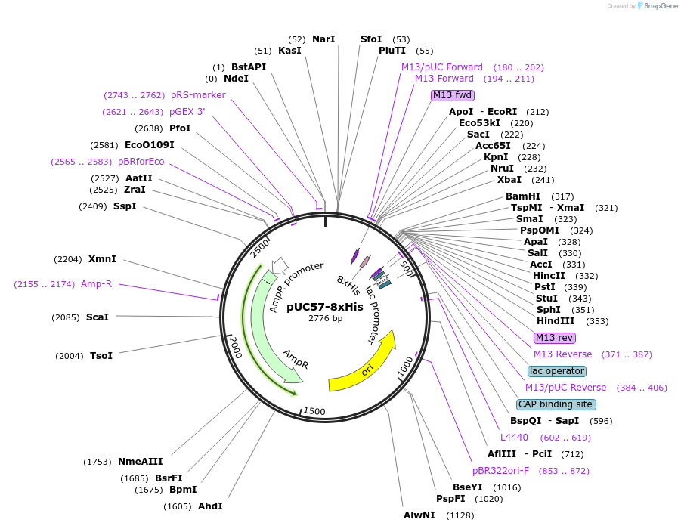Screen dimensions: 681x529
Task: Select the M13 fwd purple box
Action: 452,95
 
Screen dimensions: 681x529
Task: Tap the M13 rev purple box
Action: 554,337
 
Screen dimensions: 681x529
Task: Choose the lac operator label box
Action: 556,371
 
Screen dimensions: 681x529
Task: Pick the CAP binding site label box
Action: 556,404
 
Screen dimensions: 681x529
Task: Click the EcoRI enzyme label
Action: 502,112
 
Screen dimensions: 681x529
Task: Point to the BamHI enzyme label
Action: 523,196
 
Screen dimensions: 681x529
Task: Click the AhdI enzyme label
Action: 210,506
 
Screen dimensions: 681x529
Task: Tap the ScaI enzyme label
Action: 98,317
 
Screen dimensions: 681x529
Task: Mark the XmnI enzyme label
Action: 102,259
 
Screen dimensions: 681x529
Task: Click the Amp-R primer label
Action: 96,284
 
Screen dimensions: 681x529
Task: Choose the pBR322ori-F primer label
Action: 500,471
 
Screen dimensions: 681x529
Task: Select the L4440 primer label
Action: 515,438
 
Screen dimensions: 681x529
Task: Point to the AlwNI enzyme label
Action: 419,515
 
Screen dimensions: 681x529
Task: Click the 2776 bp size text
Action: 325,318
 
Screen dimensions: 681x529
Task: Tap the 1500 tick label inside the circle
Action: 314,411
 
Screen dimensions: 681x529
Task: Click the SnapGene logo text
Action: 660,6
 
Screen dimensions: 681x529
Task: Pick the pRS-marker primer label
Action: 198,95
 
